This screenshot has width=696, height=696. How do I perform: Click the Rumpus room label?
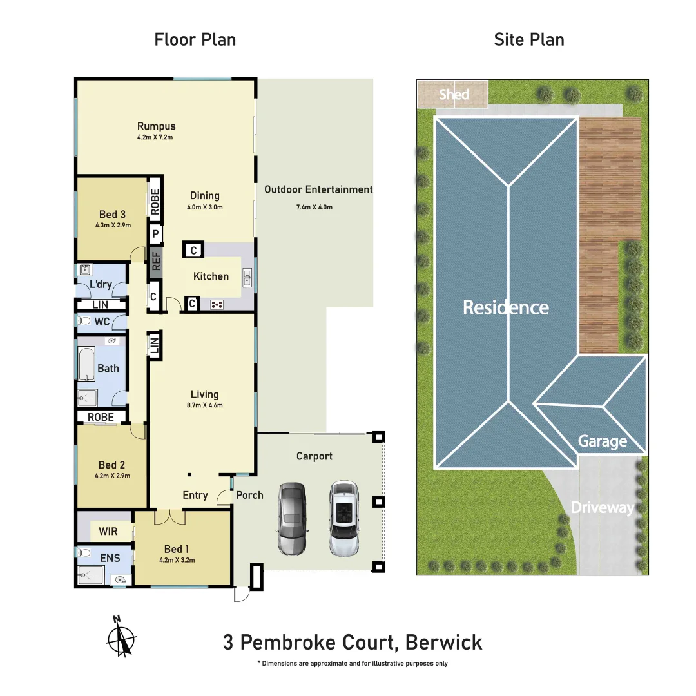[156, 126]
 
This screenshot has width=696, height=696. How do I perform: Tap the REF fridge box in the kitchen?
[155, 261]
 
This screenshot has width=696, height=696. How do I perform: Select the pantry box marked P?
[155, 234]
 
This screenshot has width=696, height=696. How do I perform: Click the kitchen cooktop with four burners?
[217, 304]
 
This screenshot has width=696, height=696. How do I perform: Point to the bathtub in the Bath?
[86, 364]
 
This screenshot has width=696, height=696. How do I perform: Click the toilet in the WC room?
[84, 321]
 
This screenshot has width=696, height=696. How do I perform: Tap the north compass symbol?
[121, 638]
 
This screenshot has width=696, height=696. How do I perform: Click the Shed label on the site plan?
[454, 95]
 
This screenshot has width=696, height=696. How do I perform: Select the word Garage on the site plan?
[602, 441]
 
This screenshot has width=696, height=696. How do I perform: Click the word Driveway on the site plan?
[602, 508]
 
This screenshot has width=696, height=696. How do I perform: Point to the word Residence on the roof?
[506, 307]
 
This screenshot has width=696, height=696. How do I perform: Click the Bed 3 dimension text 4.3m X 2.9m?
[113, 226]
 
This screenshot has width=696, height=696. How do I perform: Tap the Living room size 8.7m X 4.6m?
[204, 405]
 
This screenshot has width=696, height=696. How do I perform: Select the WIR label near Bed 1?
[108, 532]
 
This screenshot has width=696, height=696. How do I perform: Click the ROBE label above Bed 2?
[101, 417]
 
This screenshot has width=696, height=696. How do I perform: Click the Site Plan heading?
[529, 40]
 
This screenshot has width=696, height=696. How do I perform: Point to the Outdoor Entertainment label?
[318, 189]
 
